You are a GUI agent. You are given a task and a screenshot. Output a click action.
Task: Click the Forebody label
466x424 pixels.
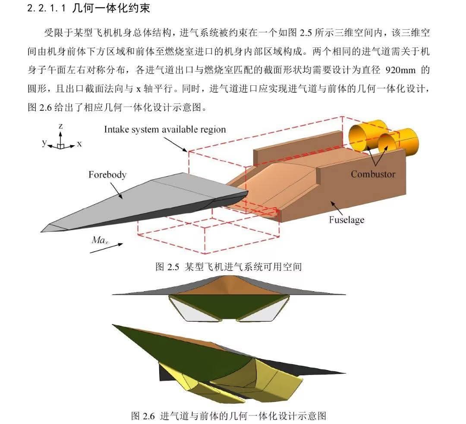[x=107, y=175]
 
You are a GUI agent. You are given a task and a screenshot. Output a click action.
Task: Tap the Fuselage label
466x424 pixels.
[x=346, y=220]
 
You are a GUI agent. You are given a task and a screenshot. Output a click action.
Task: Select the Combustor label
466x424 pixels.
[x=373, y=174]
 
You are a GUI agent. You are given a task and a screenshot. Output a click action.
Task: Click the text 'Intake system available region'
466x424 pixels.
[x=165, y=129]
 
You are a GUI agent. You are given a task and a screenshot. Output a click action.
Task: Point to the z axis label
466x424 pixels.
[x=61, y=126]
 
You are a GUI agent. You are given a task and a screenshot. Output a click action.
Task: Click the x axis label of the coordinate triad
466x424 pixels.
[x=79, y=144]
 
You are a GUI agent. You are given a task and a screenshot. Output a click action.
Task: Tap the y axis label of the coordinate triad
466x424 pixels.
[x=44, y=143]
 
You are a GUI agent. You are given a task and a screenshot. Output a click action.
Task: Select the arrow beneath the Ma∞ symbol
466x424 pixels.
[x=106, y=248]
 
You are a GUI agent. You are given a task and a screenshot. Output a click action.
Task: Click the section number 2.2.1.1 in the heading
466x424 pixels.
[x=46, y=8]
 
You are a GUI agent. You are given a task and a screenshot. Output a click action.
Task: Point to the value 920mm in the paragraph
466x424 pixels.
[x=400, y=70]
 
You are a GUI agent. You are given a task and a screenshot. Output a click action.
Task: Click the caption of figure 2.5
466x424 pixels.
[x=229, y=267]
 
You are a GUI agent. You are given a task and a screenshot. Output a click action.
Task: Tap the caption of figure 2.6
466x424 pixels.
[x=229, y=416]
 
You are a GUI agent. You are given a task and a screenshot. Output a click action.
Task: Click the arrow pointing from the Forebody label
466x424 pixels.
[x=116, y=190]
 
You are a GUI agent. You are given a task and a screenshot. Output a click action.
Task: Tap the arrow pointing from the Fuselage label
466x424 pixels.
[x=337, y=208]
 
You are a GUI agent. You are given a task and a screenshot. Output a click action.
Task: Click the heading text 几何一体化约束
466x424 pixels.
[x=111, y=8]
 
